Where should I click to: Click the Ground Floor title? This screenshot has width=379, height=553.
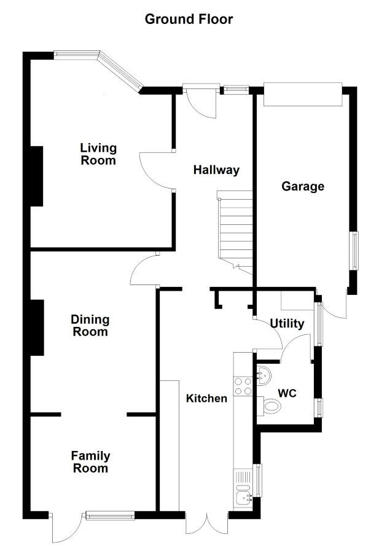[189, 19]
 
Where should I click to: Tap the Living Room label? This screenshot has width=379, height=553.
[98, 154]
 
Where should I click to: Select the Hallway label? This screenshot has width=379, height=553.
[216, 170]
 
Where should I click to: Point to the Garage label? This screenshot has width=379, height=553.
[303, 186]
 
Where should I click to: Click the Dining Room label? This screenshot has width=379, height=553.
[90, 326]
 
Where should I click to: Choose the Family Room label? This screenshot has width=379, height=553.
[91, 462]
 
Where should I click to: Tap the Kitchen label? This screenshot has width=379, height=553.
[206, 399]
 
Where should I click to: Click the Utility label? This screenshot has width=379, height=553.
[287, 323]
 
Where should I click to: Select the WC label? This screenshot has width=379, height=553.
[287, 393]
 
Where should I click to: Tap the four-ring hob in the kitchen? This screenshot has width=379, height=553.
[243, 386]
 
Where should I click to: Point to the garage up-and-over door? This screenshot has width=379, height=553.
[302, 94]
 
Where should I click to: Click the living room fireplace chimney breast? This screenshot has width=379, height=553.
[37, 176]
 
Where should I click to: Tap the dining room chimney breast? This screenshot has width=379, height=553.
[37, 327]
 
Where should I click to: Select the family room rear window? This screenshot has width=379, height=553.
[110, 516]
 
